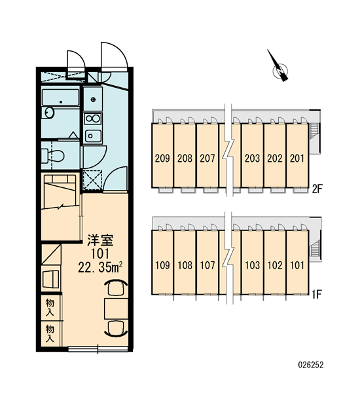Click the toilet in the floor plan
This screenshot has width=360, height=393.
tap(52, 156)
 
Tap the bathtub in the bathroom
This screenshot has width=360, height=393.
tap(60, 98)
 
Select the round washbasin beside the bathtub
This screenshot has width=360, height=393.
tap(49, 112)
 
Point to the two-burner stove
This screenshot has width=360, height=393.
tap(93, 119)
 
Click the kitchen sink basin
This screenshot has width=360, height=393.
tap(93, 136)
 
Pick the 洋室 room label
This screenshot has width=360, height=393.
tap(100, 240)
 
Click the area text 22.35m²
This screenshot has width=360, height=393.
tap(100, 267)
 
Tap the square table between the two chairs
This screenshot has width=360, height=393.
tap(117, 309)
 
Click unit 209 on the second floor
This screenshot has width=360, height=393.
tap(162, 159)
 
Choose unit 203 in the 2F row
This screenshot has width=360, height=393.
tap(252, 159)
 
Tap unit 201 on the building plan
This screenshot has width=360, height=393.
tap(297, 159)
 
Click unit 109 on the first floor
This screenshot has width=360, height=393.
tap(162, 265)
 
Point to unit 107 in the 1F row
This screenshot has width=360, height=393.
tap(207, 265)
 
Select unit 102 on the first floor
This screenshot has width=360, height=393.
tap(275, 265)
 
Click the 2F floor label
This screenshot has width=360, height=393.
tap(317, 189)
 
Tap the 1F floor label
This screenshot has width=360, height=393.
tap(316, 295)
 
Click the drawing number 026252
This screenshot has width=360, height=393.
tap(311, 365)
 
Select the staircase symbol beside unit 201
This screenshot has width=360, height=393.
tap(314, 130)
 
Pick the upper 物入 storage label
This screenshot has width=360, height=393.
tap(50, 308)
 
